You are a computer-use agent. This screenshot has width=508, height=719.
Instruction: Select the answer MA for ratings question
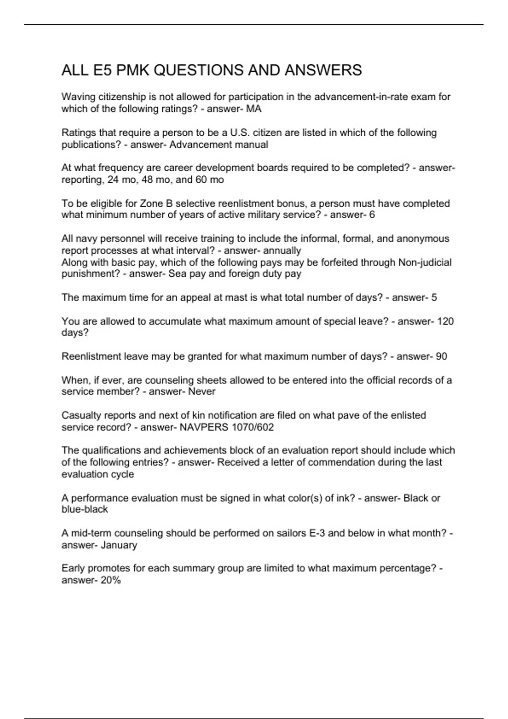click(x=254, y=109)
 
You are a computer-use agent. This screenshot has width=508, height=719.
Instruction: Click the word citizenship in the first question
click(x=117, y=97)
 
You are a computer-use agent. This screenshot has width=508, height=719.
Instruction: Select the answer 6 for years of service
click(x=372, y=215)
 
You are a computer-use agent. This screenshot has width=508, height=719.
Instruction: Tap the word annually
click(x=282, y=250)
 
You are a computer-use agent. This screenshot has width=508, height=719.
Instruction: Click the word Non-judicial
click(x=425, y=262)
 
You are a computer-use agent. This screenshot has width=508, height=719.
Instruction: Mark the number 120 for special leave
click(x=445, y=321)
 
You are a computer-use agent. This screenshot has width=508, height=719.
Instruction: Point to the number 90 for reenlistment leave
click(x=441, y=356)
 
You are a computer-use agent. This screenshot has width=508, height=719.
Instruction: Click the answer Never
click(x=202, y=392)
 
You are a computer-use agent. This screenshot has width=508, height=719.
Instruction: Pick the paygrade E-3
click(x=317, y=533)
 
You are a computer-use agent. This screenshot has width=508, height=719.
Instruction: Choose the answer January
click(x=119, y=545)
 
